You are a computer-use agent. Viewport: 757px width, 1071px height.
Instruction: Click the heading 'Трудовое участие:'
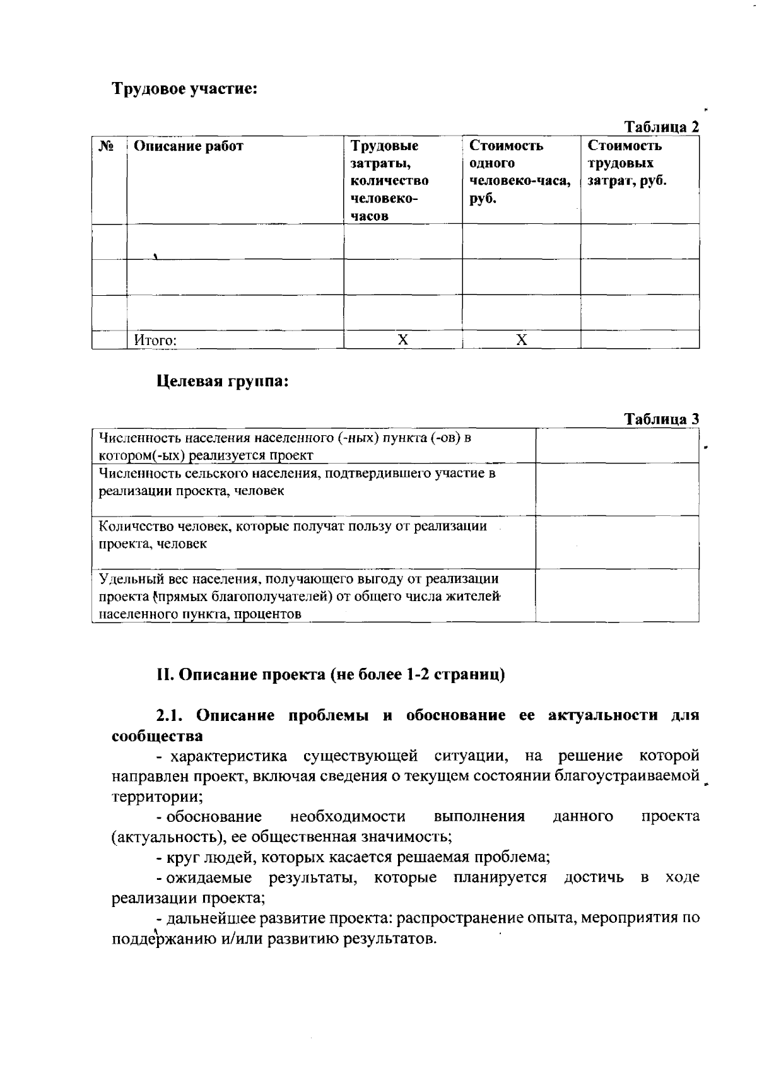click(x=185, y=88)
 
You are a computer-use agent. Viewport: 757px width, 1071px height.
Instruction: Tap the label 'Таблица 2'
click(x=661, y=126)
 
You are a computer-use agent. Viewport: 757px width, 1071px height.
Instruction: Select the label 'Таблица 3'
click(x=661, y=419)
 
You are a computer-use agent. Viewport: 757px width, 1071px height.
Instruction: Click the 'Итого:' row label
click(x=155, y=341)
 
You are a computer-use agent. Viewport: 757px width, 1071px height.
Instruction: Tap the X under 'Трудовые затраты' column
click(x=402, y=340)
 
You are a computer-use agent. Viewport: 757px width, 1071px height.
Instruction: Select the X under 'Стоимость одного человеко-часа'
click(x=521, y=340)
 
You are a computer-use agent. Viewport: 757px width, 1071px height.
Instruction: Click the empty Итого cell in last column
click(x=639, y=340)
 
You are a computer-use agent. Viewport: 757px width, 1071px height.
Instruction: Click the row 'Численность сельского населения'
click(x=296, y=481)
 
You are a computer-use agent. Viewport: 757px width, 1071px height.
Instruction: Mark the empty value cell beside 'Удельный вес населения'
click(x=617, y=595)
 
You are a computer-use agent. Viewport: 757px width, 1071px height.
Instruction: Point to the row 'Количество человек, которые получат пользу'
click(x=293, y=534)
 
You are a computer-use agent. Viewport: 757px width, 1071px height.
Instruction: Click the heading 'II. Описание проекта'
click(x=331, y=674)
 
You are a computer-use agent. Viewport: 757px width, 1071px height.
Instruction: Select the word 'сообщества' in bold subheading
click(x=157, y=736)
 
